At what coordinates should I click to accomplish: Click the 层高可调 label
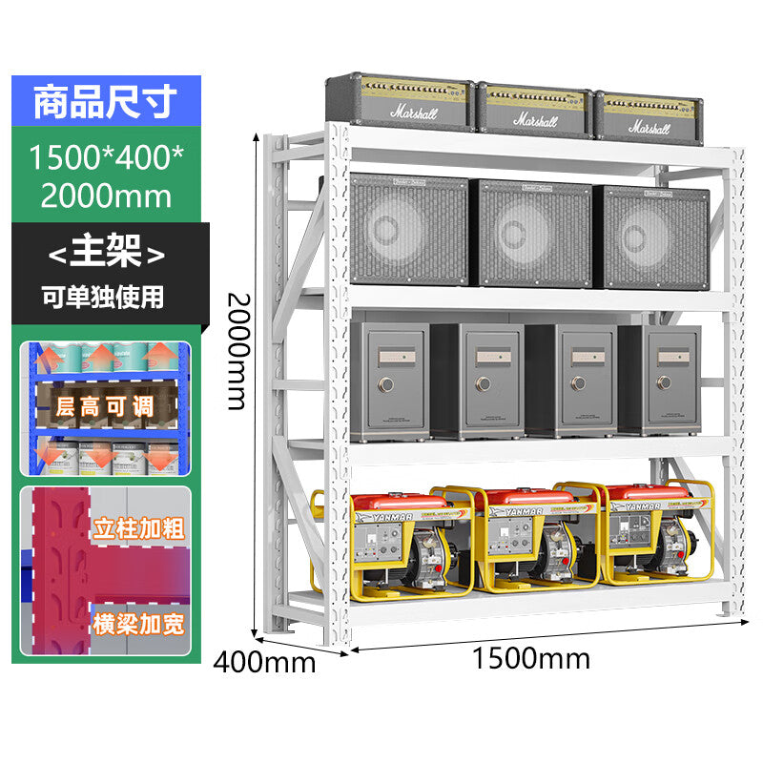[105, 406]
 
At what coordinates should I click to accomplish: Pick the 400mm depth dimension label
[264, 660]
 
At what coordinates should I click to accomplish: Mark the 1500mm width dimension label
[530, 658]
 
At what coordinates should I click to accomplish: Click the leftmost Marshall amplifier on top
[401, 101]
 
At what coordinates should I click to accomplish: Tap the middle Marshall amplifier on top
[534, 111]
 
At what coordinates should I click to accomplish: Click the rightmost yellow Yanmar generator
[658, 536]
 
